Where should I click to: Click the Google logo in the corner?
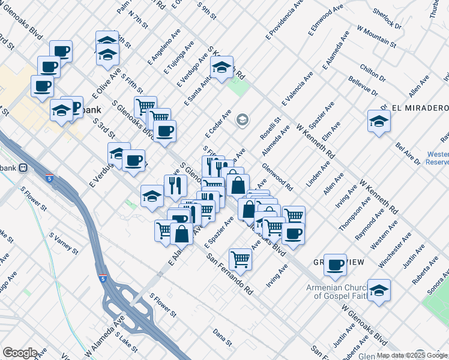click(x=20, y=353)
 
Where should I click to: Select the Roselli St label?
click(x=271, y=128)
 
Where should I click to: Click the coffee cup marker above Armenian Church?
click(x=336, y=264)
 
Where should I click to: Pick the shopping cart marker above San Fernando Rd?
click(x=240, y=259)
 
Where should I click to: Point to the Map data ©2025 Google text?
click(x=412, y=355)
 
